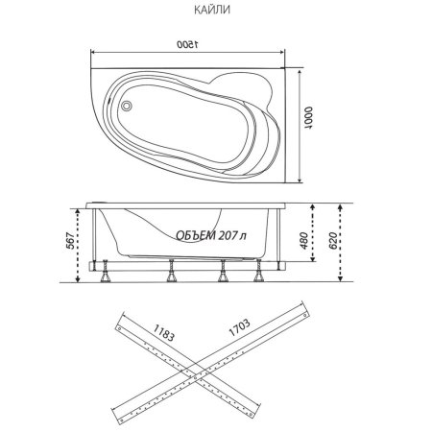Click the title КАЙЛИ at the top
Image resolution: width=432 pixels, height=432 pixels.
(x=212, y=10)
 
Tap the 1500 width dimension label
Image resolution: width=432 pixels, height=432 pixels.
(x=187, y=44)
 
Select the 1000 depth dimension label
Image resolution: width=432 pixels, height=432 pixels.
(x=309, y=117)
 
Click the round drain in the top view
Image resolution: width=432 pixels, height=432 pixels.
(x=127, y=106)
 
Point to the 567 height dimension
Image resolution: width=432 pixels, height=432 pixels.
(x=71, y=241)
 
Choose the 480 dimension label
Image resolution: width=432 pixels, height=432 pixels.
(x=303, y=241)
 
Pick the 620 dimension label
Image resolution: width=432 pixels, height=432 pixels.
(x=332, y=241)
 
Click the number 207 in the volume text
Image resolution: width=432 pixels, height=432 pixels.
(x=228, y=235)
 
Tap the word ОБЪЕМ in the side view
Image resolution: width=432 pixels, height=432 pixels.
(x=196, y=235)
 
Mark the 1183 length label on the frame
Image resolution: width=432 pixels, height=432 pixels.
(x=164, y=332)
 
